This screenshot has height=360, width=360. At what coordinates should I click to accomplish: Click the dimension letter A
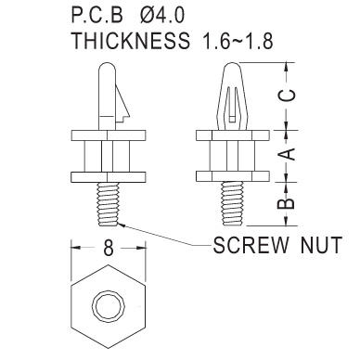click(287, 154)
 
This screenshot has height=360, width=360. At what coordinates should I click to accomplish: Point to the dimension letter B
click(287, 204)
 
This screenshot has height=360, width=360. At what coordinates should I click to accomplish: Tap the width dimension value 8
click(109, 248)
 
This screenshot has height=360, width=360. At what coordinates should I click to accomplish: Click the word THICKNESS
click(131, 40)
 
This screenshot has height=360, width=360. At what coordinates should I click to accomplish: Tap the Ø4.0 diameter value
click(161, 15)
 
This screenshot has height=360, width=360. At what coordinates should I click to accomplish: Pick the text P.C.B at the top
click(97, 15)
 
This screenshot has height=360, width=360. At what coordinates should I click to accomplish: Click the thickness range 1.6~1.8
click(238, 41)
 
